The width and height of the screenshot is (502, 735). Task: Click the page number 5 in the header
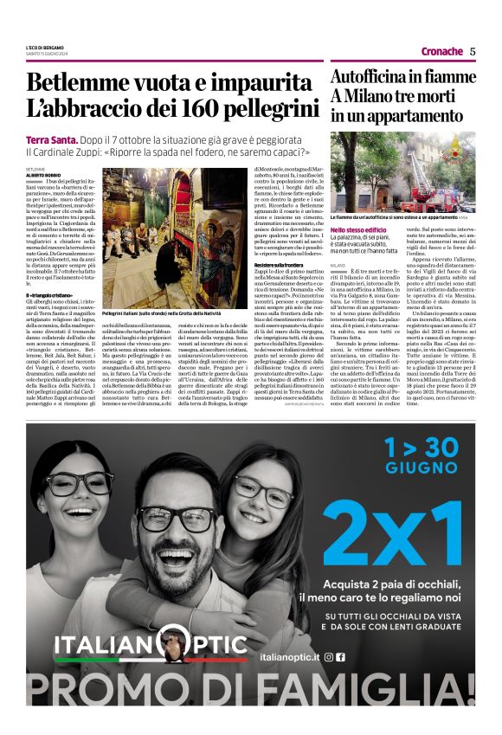473,51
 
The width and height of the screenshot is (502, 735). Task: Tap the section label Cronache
441,52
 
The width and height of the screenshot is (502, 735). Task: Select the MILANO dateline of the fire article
338,265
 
